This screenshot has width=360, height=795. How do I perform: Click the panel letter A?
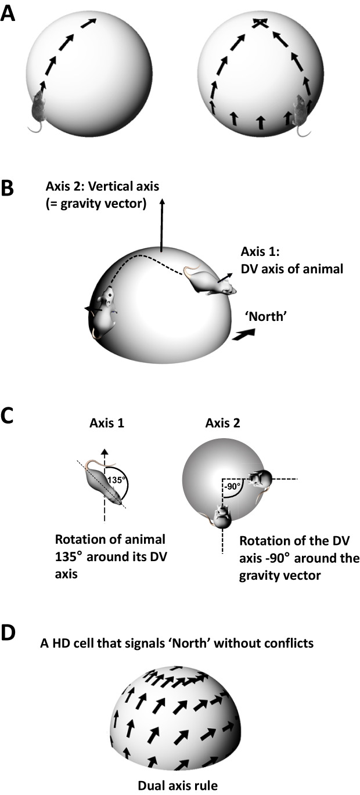pyautogui.click(x=8, y=13)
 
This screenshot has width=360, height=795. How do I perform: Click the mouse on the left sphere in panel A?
pyautogui.click(x=37, y=108)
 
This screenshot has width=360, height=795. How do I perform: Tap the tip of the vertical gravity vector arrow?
pyautogui.click(x=163, y=201)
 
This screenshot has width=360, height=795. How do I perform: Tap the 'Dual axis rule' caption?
pyautogui.click(x=180, y=786)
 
